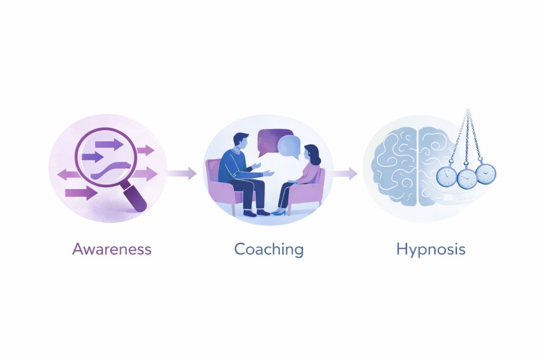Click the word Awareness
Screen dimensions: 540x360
click(x=112, y=249)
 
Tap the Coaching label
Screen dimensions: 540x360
click(x=269, y=249)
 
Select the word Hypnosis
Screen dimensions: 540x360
click(x=431, y=249)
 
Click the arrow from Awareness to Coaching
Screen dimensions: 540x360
click(x=182, y=173)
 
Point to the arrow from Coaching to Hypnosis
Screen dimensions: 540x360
click(x=345, y=173)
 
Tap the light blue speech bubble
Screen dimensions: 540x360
click(x=290, y=147)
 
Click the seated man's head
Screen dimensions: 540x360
click(x=240, y=141)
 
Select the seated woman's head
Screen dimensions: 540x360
click(x=312, y=154)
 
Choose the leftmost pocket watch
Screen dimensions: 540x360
click(x=447, y=176)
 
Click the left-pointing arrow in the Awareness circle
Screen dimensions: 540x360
click(x=69, y=174)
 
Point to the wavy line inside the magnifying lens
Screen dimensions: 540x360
click(x=111, y=170)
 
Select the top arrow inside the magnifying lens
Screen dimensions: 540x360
click(x=109, y=144)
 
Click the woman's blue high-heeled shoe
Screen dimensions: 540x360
click(x=279, y=212)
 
